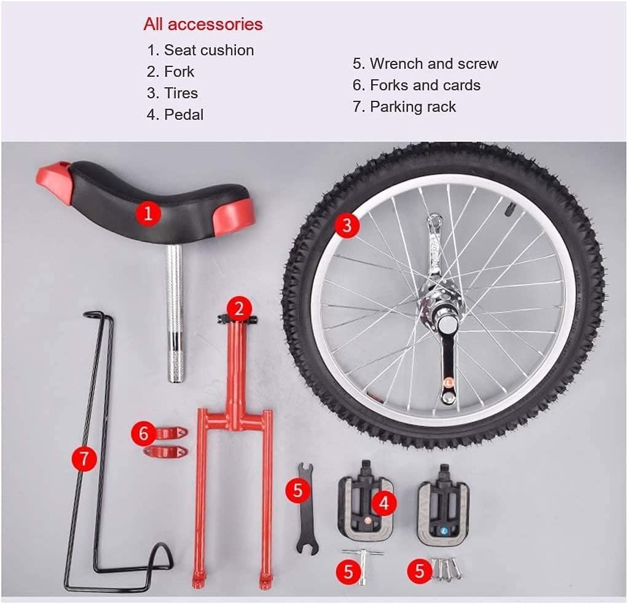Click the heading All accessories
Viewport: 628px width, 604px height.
[203, 25]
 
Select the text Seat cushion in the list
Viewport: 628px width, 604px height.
[208, 50]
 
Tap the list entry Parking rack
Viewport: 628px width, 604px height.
[412, 107]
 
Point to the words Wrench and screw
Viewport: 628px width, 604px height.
[433, 64]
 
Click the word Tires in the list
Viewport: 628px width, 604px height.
[181, 93]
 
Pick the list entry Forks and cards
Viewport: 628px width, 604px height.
[425, 85]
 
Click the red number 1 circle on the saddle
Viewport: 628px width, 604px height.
[148, 214]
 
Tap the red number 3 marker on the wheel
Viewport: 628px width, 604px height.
[347, 225]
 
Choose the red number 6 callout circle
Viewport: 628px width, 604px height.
[144, 434]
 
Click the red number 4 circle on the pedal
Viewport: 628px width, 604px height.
[384, 504]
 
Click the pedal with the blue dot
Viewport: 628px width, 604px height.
[442, 512]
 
